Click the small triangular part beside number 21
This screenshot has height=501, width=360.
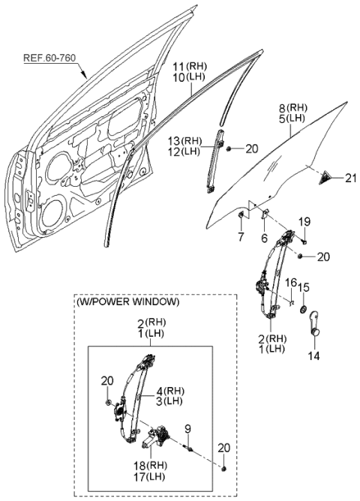coord(327,178)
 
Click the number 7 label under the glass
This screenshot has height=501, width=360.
coord(241,238)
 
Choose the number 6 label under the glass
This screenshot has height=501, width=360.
coord(264,238)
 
